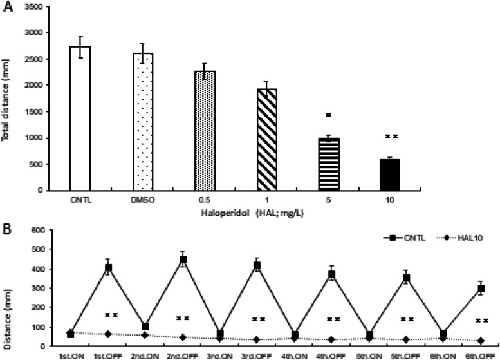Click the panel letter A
[6, 6]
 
